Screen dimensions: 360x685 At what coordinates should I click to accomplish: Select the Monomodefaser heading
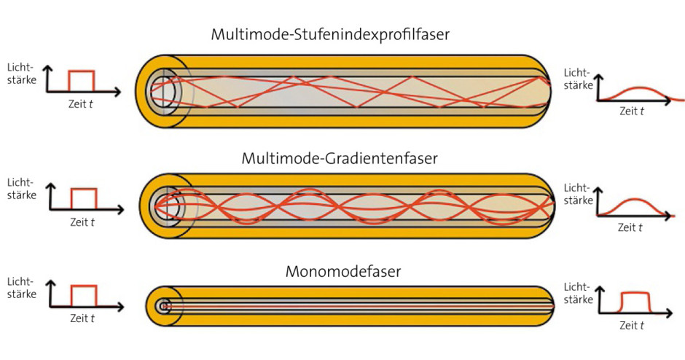(342, 273)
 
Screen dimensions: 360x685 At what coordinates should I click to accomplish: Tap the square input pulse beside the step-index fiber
(81, 80)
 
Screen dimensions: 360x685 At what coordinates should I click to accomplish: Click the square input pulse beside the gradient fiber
(82, 197)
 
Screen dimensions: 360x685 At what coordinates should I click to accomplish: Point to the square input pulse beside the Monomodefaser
(82, 294)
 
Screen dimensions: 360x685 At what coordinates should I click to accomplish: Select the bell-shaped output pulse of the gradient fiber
(632, 207)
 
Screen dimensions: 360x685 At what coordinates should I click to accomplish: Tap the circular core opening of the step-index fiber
(167, 91)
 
